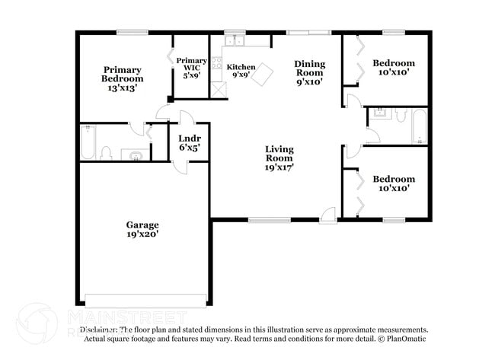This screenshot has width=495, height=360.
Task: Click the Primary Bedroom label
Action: coord(123,78)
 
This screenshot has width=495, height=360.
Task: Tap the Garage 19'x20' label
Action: coord(142,229)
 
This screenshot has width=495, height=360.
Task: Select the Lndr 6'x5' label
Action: coord(189,142)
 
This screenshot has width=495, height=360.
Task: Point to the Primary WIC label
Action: coord(191,68)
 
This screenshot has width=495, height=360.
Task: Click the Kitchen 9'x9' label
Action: coord(241,71)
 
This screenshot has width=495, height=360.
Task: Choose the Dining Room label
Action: coord(310,73)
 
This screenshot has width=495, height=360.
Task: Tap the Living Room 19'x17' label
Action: coord(279,158)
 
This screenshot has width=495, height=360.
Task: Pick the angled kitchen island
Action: coord(263,75)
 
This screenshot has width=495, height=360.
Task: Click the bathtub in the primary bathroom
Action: coord(88,142)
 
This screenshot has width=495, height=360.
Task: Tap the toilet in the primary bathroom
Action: coord(107,153)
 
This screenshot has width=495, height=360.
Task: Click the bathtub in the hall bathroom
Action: coord(420,127)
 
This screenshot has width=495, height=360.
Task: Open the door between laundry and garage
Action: coord(179,166)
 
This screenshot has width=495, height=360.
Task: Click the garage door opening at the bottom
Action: coord(145,298)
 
